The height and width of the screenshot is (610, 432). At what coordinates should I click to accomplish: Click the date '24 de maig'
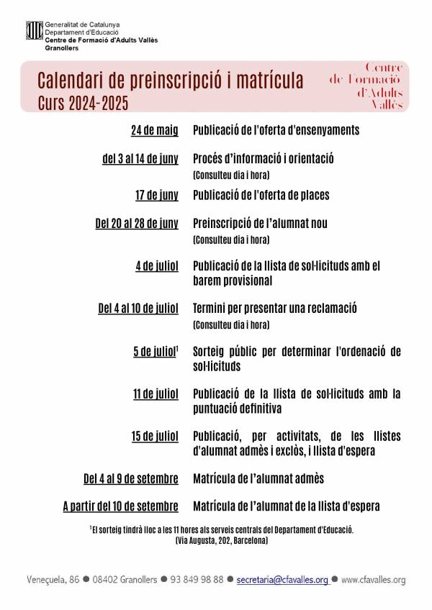click(154, 131)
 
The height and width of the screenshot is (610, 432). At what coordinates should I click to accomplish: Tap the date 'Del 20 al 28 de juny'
click(136, 223)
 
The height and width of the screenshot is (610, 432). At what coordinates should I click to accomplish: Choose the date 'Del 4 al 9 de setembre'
click(130, 478)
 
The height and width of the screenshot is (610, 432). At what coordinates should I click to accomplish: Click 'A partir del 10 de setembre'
click(120, 506)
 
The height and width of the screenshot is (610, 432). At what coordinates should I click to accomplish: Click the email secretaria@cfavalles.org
click(282, 579)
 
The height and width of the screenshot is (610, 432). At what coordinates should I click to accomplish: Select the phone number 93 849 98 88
click(193, 579)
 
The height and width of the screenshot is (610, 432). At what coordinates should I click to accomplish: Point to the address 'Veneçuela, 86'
click(52, 579)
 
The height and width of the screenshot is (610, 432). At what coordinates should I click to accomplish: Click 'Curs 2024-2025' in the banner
click(83, 104)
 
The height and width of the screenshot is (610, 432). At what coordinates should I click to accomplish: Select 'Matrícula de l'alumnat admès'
click(258, 478)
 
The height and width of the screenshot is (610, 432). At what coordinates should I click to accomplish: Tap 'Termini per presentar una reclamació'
click(275, 309)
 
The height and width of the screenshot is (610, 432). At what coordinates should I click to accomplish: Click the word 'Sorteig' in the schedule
click(212, 351)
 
